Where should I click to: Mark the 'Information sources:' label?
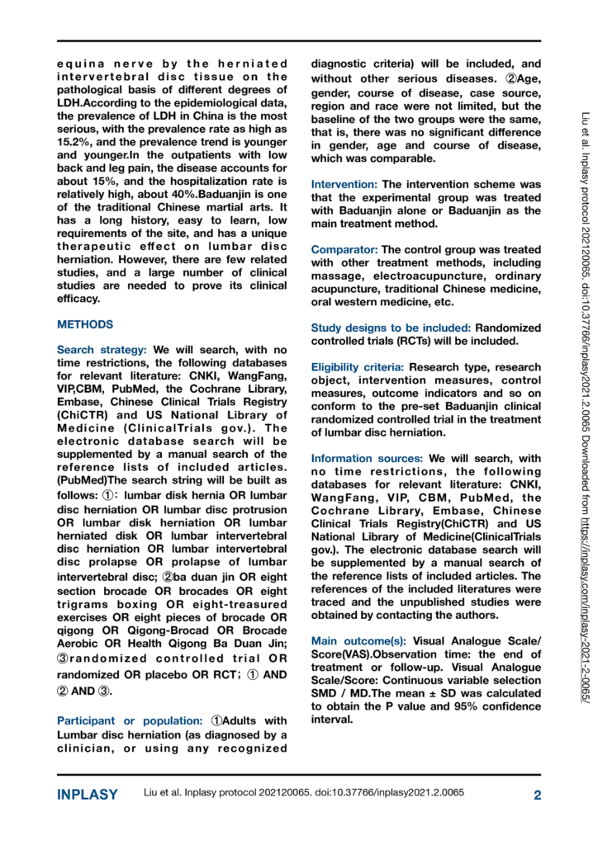pyautogui.click(x=368, y=458)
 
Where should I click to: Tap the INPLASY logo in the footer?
pyautogui.click(x=88, y=795)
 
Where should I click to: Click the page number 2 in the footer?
pyautogui.click(x=537, y=795)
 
